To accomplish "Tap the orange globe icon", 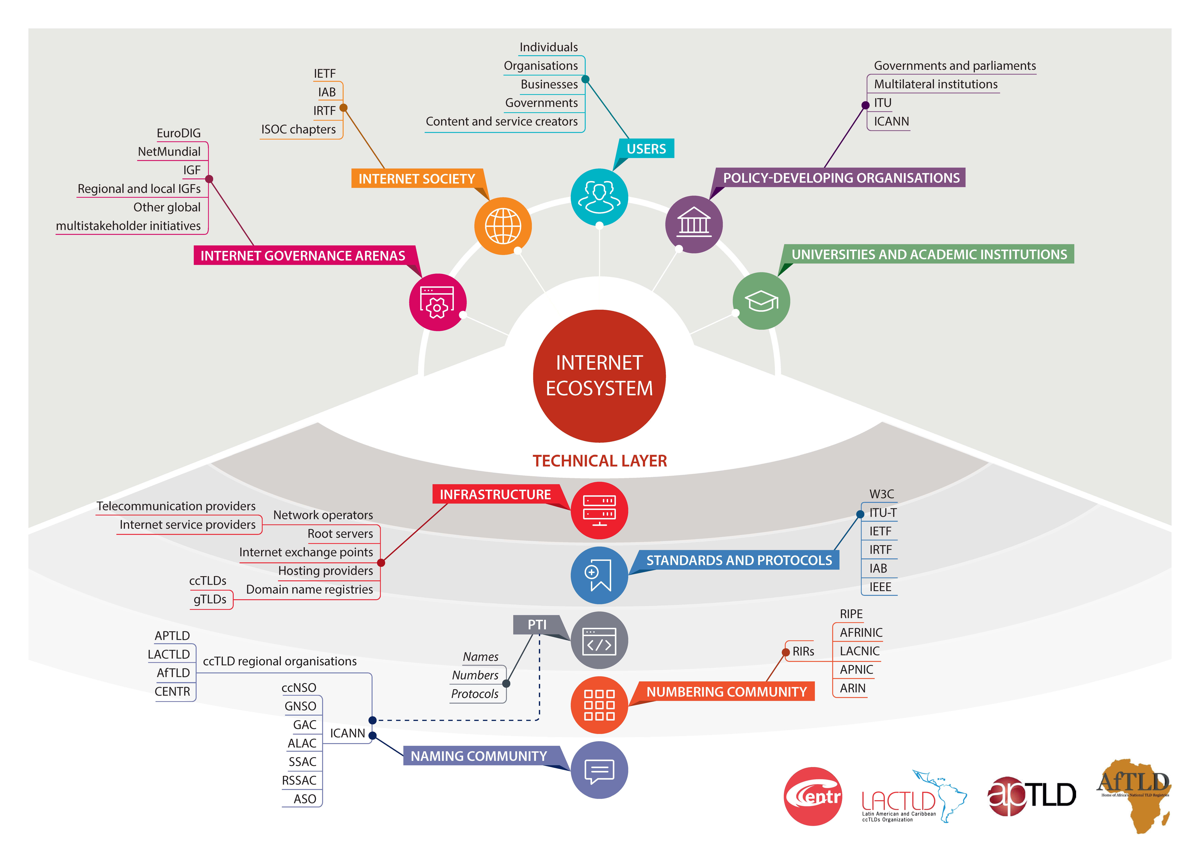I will (x=503, y=226).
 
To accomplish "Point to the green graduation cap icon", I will (x=761, y=301).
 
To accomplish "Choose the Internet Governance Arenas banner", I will (x=303, y=256).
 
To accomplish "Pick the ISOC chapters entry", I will (x=298, y=129).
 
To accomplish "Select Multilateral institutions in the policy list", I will (x=936, y=84).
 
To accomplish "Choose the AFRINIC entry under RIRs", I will (x=861, y=633).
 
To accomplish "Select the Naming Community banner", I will (x=479, y=756).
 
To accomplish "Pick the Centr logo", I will (x=813, y=796).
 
